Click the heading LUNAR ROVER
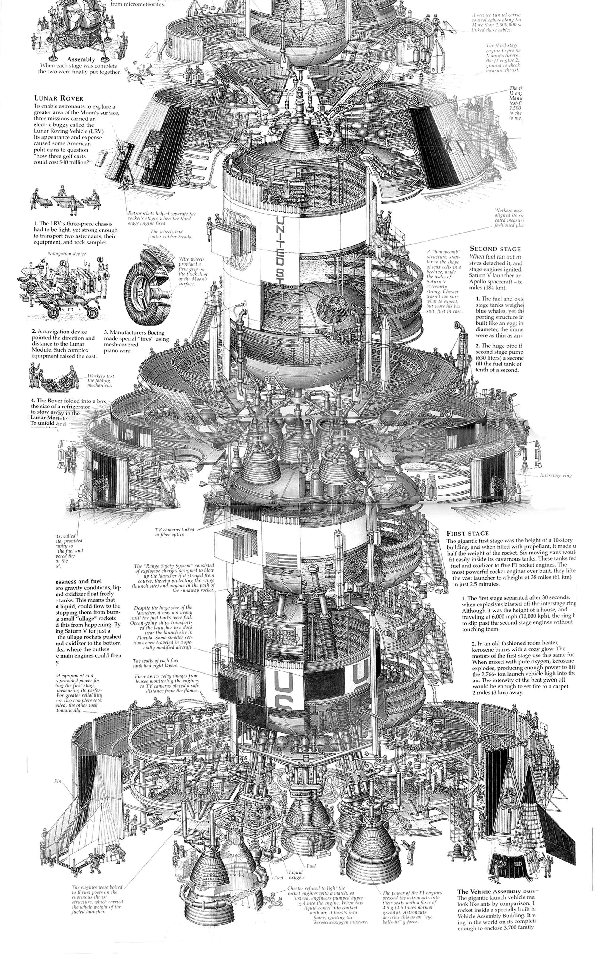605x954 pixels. click(59, 98)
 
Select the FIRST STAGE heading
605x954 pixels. click(468, 533)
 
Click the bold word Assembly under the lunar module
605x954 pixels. click(81, 59)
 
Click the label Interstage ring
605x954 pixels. click(555, 476)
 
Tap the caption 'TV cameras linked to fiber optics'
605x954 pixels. click(174, 532)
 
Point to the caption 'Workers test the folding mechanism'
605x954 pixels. click(99, 381)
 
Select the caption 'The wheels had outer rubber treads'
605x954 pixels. click(171, 234)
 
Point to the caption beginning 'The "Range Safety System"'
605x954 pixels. click(174, 578)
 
